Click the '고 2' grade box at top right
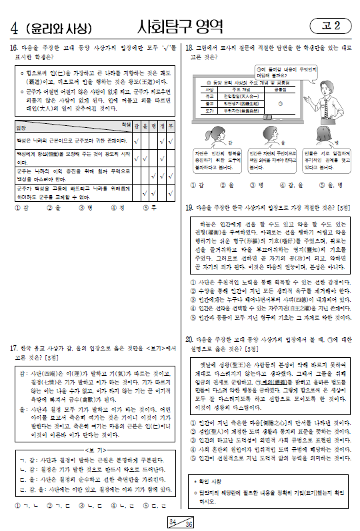(x=331, y=26)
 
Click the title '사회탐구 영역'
(x=179, y=26)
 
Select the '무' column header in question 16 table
(x=171, y=125)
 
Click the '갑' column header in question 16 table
(x=136, y=125)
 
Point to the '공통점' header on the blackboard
(x=281, y=89)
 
